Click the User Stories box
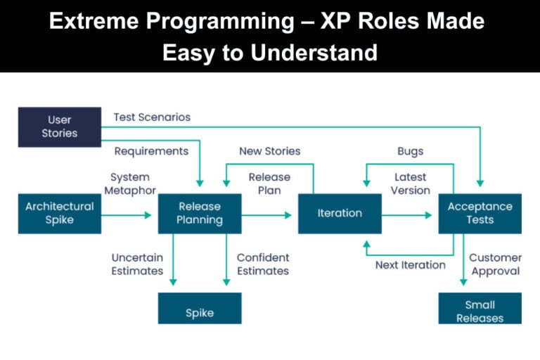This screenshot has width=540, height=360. (x=59, y=127)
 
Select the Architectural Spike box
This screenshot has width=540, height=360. (x=59, y=213)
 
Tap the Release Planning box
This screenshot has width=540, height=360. (x=199, y=213)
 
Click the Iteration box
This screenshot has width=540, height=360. (x=340, y=213)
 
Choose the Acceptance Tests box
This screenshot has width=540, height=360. (x=480, y=213)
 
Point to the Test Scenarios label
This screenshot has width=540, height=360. (x=152, y=117)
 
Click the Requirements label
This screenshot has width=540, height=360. (x=151, y=151)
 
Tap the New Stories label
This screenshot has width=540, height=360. (x=269, y=151)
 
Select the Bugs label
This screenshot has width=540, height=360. (x=411, y=151)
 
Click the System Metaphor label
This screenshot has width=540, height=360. (x=130, y=184)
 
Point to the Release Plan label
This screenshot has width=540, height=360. (x=269, y=184)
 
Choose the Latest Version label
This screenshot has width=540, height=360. (x=411, y=184)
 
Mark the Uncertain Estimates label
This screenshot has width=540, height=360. (x=137, y=264)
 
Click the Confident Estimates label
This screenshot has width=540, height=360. (x=263, y=264)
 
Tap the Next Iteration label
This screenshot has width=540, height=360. (x=410, y=265)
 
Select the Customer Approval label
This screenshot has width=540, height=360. (x=495, y=264)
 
